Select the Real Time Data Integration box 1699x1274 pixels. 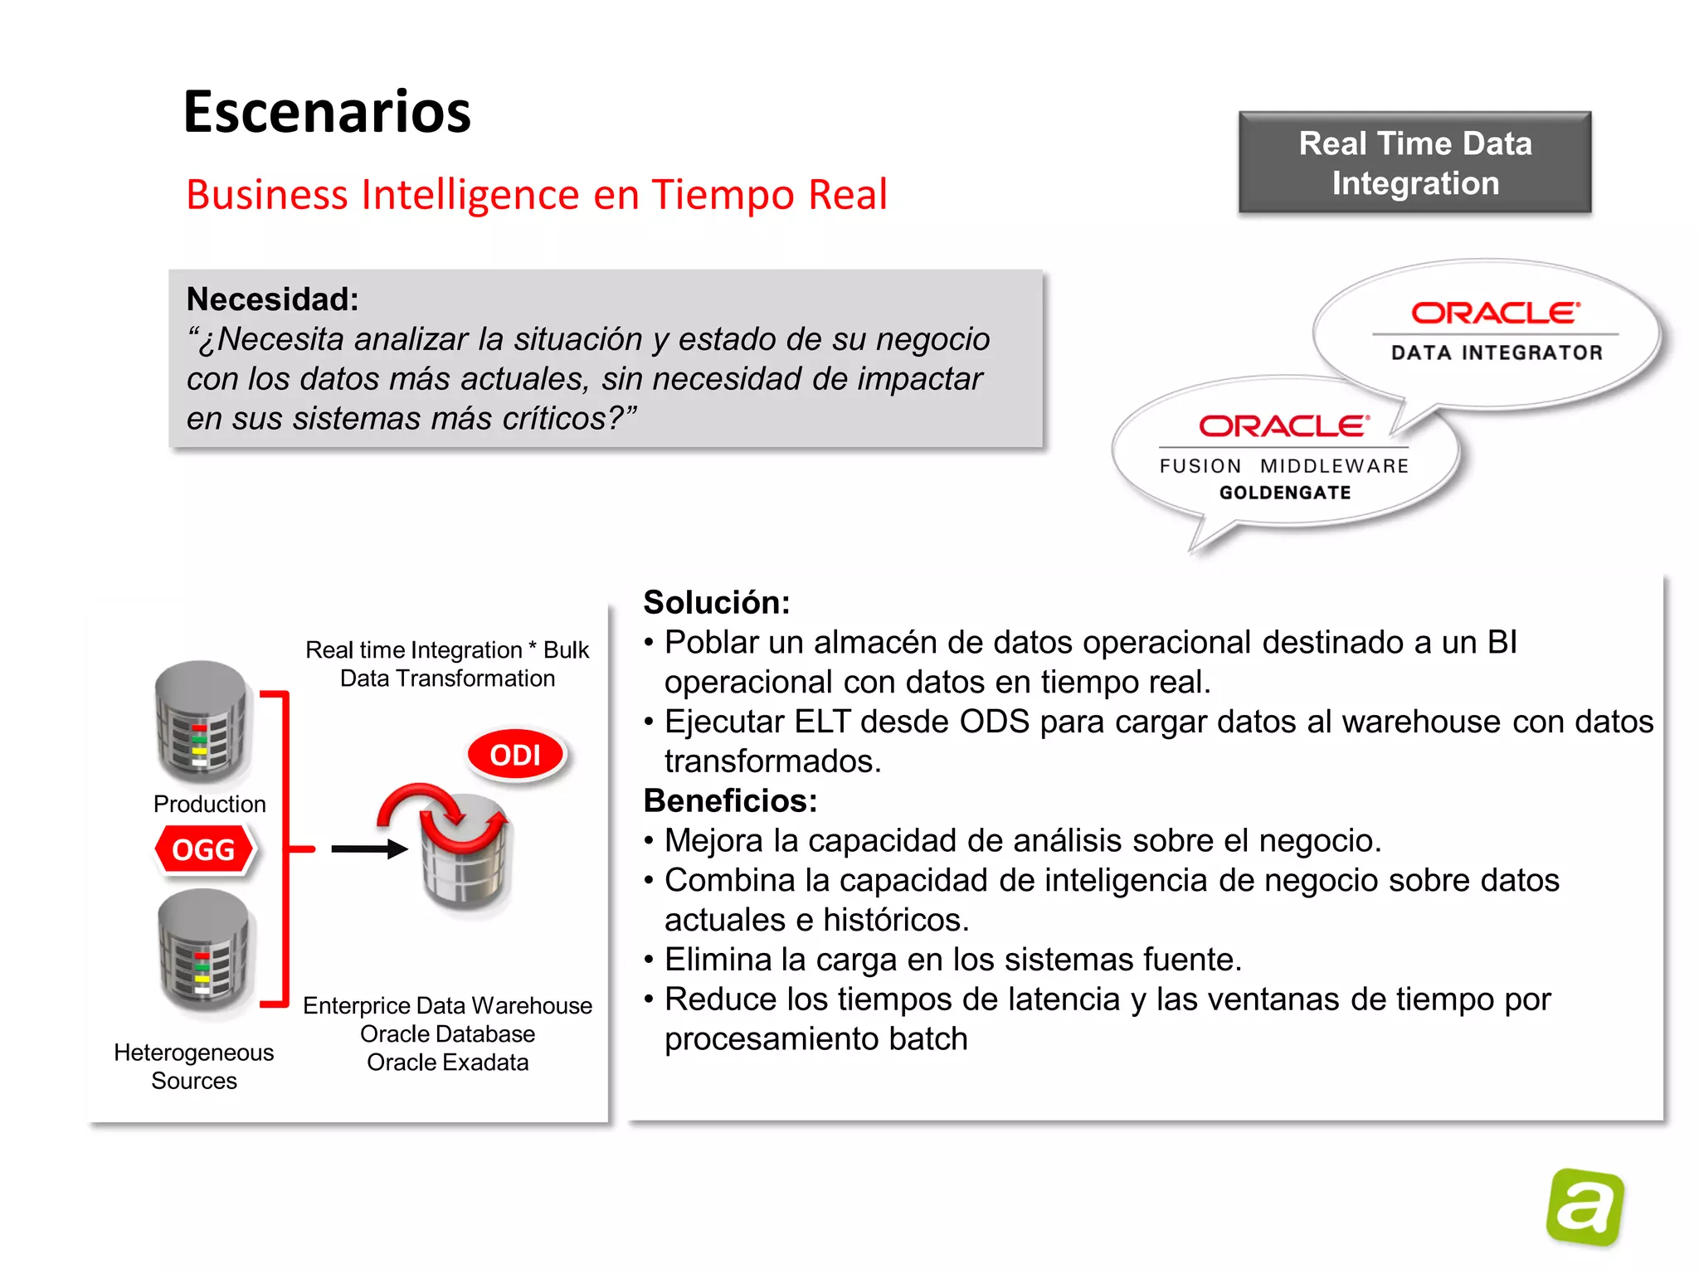pos(1414,163)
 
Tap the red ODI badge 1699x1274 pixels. pos(515,755)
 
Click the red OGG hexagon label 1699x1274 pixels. pos(204,849)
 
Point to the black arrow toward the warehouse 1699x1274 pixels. pos(369,849)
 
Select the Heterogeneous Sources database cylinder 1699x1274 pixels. pos(204,950)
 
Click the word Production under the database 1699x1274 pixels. pos(209,804)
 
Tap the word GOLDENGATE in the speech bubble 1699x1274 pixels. pos(1285,493)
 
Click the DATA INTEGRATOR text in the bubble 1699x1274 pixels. pos(1497,353)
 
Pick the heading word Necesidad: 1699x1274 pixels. pos(272,299)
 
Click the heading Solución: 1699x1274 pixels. pos(717,602)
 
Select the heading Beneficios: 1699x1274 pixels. pos(730,800)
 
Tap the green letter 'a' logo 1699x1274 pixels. pos(1585,1207)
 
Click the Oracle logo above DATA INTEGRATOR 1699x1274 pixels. pos(1496,313)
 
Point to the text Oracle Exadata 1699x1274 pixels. pos(447,1062)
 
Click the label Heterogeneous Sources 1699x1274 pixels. pos(194,1067)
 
